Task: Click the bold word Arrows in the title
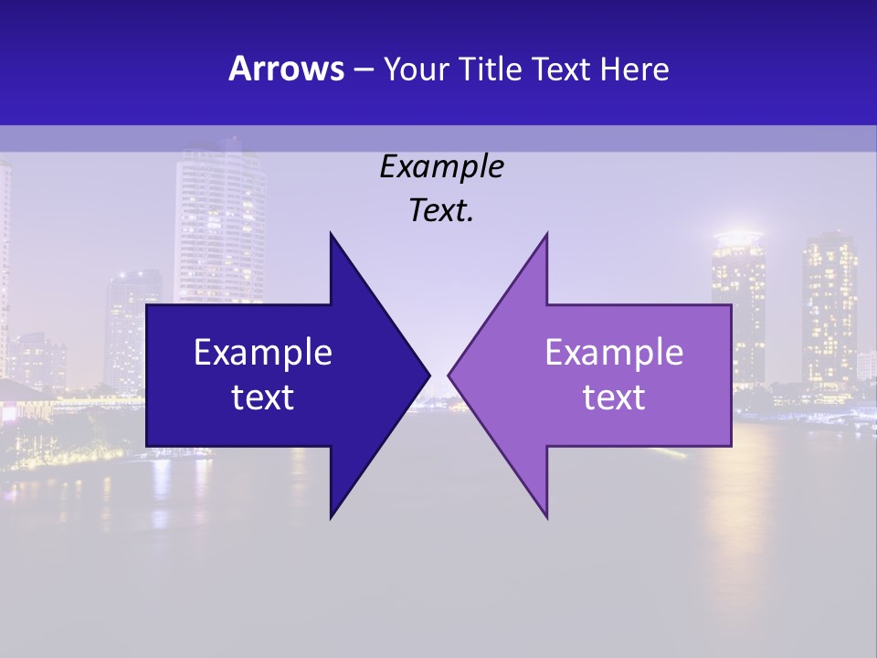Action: tap(285, 69)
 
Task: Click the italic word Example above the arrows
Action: tap(441, 167)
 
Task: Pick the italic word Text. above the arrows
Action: tap(441, 211)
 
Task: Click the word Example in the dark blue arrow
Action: tap(262, 353)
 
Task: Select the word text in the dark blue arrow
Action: tap(262, 398)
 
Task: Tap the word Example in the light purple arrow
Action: tap(614, 353)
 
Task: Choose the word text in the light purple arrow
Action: tap(614, 398)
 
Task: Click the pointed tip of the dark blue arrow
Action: tap(429, 375)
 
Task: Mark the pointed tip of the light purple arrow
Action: tap(449, 375)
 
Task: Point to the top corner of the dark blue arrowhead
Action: tap(331, 233)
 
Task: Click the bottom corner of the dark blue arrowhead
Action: tap(331, 517)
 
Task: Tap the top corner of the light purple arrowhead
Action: tap(546, 233)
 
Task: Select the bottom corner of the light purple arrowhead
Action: tap(546, 517)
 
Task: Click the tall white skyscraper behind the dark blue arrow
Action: tap(219, 219)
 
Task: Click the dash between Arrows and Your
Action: tap(363, 69)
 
